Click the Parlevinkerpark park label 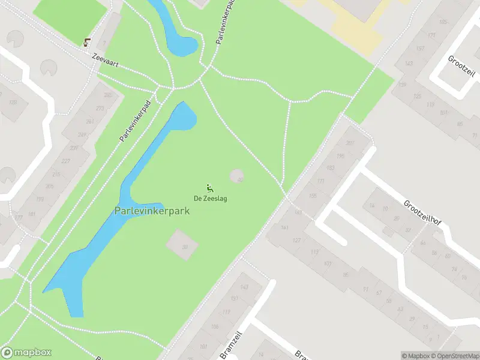pyautogui.click(x=152, y=211)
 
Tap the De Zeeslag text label pyautogui.click(x=210, y=199)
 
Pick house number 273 pyautogui.click(x=100, y=109)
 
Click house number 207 pyautogui.click(x=350, y=143)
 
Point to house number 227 pyautogui.click(x=66, y=161)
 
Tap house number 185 pyautogui.click(x=443, y=22)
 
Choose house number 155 pyautogui.click(x=313, y=196)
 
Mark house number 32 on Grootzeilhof pyautogui.click(x=408, y=229)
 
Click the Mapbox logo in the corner pyautogui.click(x=26, y=353)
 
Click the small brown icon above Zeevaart pyautogui.click(x=88, y=41)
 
